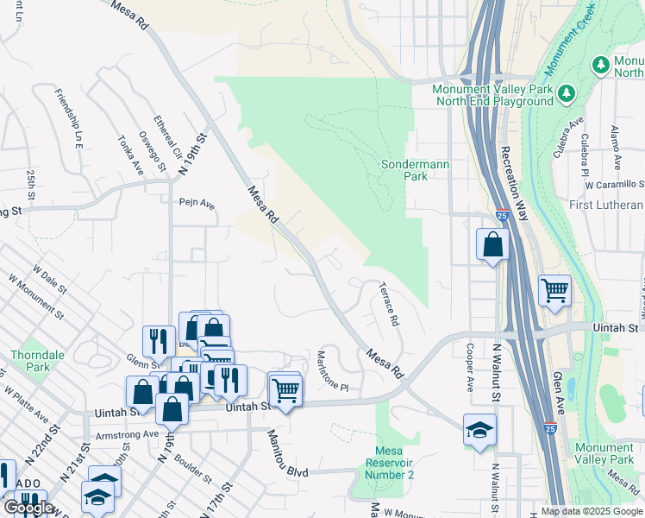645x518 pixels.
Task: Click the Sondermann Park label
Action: [x=404, y=169]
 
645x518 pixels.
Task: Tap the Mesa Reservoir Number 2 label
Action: [x=395, y=463]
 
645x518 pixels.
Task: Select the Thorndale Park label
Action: [x=32, y=361]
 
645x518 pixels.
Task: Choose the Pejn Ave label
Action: [x=196, y=205]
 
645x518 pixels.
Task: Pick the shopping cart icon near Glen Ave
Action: [x=554, y=291]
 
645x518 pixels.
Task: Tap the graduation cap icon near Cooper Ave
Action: [x=479, y=429]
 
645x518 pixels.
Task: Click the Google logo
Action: [x=28, y=508]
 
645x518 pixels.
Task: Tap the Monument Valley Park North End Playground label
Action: [x=492, y=95]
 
